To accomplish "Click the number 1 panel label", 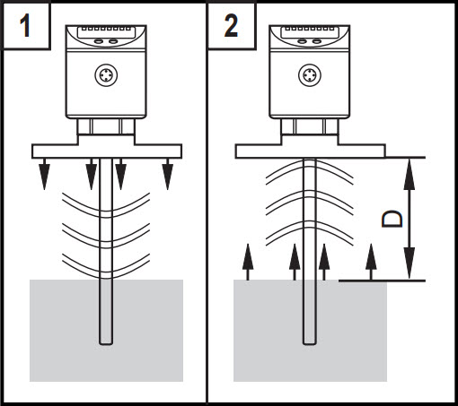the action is [x=25, y=26].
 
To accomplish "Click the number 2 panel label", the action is [x=231, y=26].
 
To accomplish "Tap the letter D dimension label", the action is [x=392, y=220].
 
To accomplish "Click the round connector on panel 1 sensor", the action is [x=106, y=75].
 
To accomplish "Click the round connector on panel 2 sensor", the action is [x=310, y=74].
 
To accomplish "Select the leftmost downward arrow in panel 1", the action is [x=45, y=174].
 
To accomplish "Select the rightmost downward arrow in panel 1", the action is [x=168, y=174].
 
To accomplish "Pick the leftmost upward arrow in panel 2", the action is [x=248, y=262].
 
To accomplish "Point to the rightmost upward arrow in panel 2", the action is [x=371, y=262].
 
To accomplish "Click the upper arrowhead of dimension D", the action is [x=410, y=175].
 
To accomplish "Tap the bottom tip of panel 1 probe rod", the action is [x=106, y=345].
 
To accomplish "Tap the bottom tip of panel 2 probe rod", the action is [x=310, y=344].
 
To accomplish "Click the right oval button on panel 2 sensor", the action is [x=316, y=41].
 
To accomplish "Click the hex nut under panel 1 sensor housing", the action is [x=106, y=126].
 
